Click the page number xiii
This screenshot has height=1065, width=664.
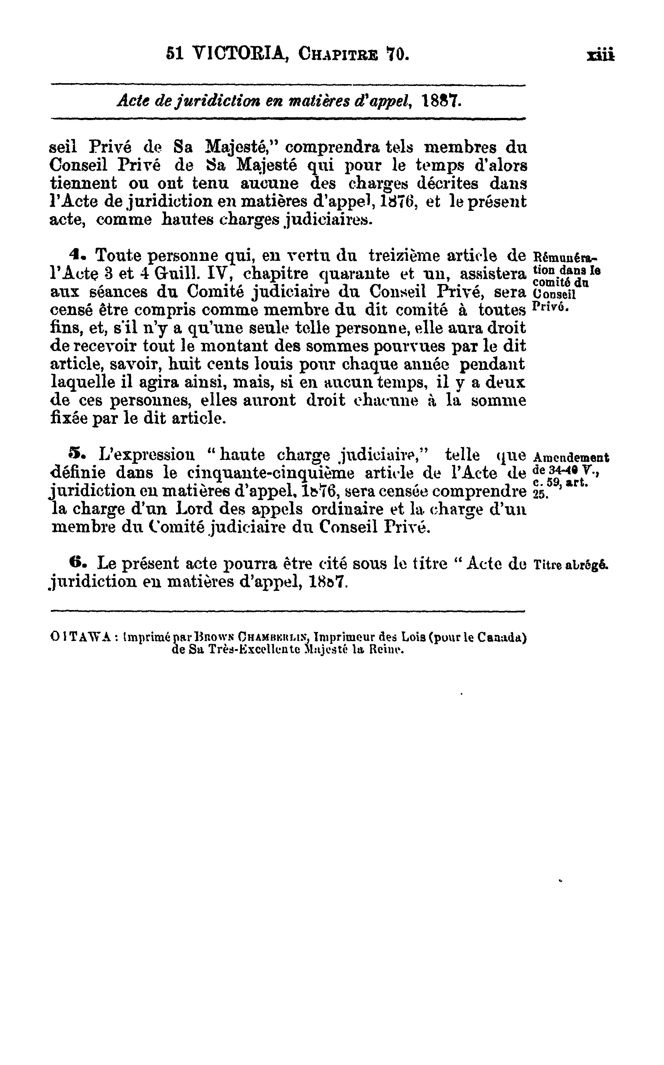point(601,56)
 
